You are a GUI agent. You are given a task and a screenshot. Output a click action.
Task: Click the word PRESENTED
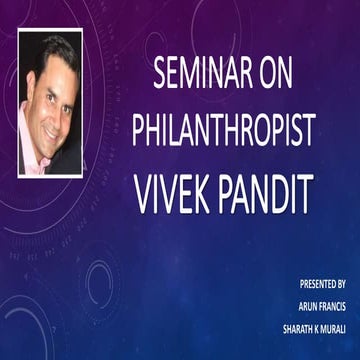[311, 285]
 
